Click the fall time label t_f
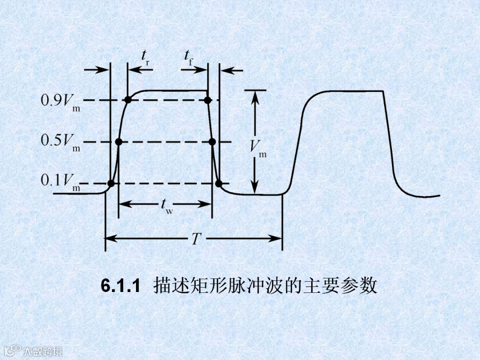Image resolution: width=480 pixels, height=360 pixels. click(188, 57)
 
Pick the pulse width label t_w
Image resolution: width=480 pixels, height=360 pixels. click(166, 205)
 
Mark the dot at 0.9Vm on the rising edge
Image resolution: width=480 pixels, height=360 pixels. click(128, 100)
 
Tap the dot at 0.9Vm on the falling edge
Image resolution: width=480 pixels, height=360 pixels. click(207, 100)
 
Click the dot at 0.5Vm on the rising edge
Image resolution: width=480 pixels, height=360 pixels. click(119, 142)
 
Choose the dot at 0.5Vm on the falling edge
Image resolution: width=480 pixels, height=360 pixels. click(212, 142)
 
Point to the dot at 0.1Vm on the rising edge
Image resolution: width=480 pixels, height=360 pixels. click(111, 183)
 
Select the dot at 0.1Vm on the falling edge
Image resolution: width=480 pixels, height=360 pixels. click(219, 183)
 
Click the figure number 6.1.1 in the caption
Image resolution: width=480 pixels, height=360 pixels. click(120, 286)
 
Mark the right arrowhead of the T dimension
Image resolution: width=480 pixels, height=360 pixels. click(278, 238)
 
